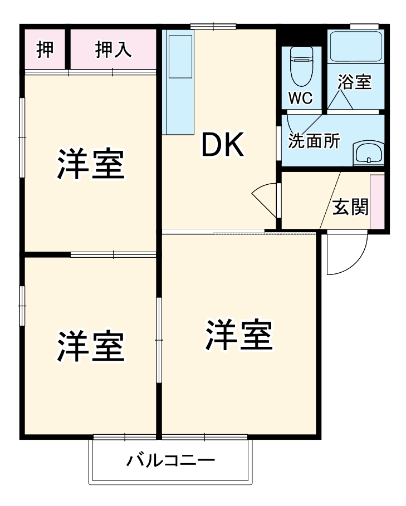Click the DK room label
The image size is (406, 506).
click(222, 146)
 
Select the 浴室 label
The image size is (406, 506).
click(354, 82)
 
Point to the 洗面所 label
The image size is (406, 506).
click(314, 141)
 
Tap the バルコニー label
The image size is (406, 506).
click(170, 461)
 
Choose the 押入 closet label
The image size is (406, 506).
click(113, 50)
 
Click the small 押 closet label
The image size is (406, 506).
click(45, 50)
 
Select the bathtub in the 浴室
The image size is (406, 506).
click(355, 47)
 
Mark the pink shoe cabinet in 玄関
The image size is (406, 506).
click(377, 201)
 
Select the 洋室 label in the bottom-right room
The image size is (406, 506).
click(239, 335)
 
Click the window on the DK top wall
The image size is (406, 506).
click(213, 26)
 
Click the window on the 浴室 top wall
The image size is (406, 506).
click(364, 26)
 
